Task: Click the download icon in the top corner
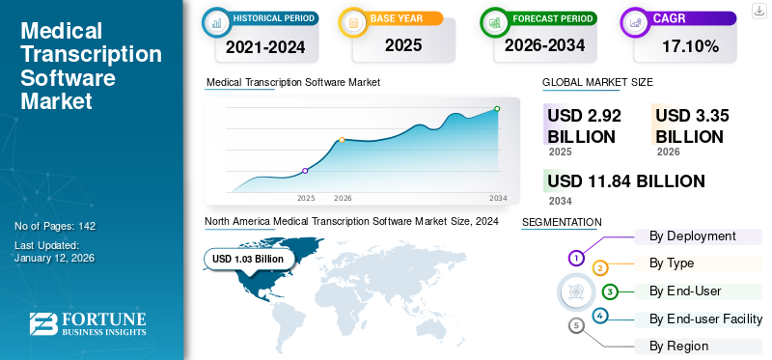[x=758, y=10]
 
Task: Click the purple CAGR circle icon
[x=636, y=20]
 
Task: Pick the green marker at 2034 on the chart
[x=497, y=109]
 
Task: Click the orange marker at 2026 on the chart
[x=342, y=141]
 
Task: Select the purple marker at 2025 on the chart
[x=305, y=171]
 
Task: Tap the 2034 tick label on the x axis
[x=498, y=198]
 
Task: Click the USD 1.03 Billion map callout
[x=248, y=259]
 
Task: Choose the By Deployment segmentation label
[x=692, y=236]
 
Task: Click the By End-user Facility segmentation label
[x=705, y=319]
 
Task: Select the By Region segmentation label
[x=678, y=346]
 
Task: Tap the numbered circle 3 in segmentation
[x=610, y=291]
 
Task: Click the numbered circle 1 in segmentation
[x=576, y=258]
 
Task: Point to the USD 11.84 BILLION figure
[x=625, y=181]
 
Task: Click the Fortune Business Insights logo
[x=88, y=325]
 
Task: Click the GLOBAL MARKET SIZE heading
[x=597, y=83]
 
